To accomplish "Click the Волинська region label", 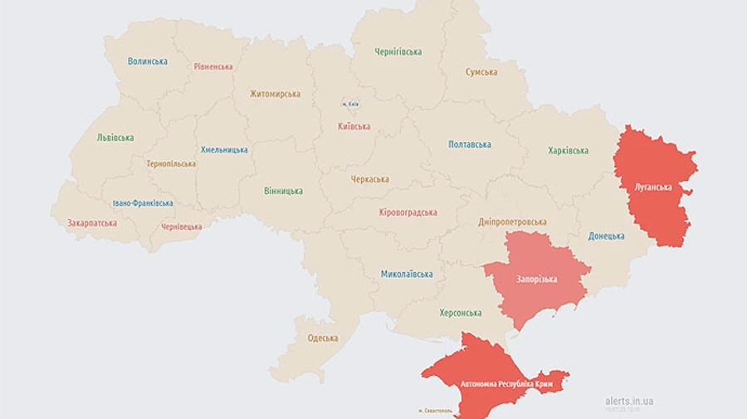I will (148, 61).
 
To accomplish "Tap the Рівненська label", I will (213, 66).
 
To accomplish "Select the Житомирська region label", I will (275, 94).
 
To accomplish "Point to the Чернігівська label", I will (397, 51).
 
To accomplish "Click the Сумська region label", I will (481, 72).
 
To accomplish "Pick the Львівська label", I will (115, 138).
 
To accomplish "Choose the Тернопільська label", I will (171, 163).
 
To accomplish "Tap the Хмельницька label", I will (224, 149).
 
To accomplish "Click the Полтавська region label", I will (470, 144).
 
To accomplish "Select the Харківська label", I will (569, 150).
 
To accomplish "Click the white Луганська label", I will (652, 188).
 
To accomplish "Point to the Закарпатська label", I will (92, 222).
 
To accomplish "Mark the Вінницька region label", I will (283, 191).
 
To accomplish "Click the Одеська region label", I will (323, 338).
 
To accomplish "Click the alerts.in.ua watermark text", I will (629, 401).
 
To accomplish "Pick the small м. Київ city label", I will (350, 104).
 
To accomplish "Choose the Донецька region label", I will (606, 236).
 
